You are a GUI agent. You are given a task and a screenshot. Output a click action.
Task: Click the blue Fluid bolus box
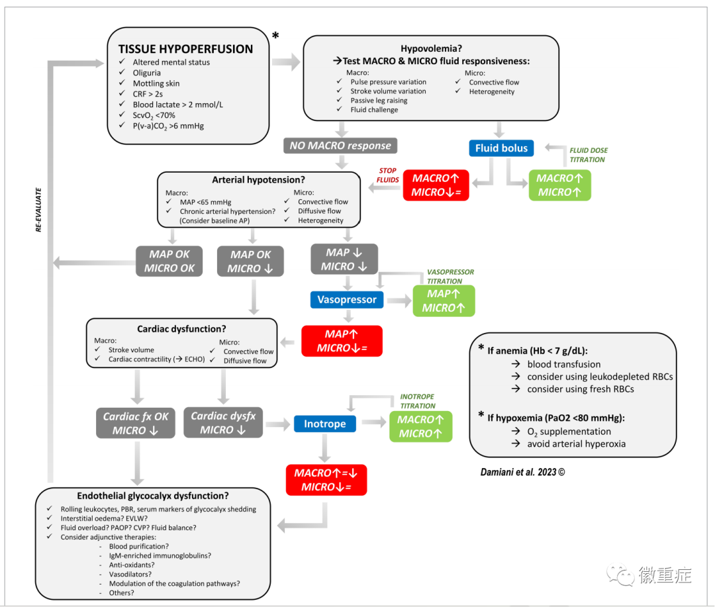501,148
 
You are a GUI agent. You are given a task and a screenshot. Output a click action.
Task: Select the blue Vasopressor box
347,300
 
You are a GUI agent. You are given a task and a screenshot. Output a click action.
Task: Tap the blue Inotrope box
324,424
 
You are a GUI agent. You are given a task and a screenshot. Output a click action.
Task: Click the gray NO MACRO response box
340,146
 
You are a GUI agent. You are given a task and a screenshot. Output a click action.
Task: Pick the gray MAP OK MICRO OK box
169,261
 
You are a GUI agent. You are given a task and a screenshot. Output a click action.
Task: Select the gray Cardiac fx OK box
136,423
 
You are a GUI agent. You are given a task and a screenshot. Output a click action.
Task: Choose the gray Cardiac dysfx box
223,423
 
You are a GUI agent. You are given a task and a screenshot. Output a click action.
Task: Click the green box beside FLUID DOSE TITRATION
559,185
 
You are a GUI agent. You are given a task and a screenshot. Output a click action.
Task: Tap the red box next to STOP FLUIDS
436,185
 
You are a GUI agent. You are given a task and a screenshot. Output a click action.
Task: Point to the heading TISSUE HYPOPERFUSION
185,49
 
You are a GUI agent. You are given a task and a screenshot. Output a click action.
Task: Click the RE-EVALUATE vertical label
38,210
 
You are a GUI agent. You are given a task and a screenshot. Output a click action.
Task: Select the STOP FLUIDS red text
387,175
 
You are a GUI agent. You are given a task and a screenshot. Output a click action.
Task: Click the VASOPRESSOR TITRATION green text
450,277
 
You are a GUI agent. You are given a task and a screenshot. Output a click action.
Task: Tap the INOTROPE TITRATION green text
417,401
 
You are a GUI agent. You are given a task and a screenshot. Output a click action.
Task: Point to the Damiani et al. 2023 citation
522,472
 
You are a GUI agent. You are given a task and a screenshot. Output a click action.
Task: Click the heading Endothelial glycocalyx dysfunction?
153,496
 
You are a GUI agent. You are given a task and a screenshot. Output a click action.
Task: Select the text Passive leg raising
379,101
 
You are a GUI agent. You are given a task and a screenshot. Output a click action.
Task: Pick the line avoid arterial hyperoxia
577,444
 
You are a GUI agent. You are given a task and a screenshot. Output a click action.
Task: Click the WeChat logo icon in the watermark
620,575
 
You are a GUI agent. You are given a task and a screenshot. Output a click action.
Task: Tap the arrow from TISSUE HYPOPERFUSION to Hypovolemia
286,62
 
